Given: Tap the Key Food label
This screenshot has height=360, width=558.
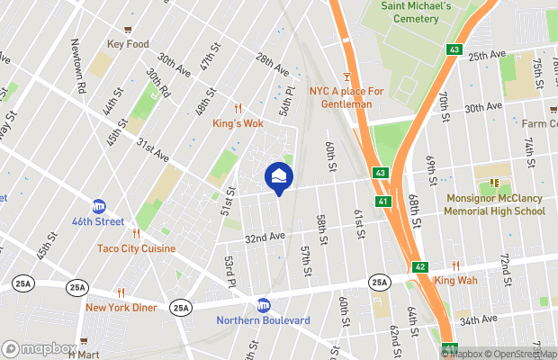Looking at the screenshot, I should coord(127,44).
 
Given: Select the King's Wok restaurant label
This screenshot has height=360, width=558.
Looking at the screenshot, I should coord(238,123).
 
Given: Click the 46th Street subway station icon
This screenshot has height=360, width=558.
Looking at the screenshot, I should coord(99,206).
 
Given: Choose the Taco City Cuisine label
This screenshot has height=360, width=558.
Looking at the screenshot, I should coord(138,247).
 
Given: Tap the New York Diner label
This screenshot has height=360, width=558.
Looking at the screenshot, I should coord(121,307).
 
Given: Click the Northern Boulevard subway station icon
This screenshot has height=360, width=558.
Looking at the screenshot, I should coord(264,305).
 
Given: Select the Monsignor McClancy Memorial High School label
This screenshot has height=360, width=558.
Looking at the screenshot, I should coord(494,205).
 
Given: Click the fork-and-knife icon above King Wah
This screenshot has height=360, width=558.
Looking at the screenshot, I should coord(455,265).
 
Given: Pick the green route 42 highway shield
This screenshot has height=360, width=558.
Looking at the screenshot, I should coord(420,267).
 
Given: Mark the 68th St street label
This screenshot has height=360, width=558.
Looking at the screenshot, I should coord(414,209).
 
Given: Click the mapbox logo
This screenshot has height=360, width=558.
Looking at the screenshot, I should coord(39,348).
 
